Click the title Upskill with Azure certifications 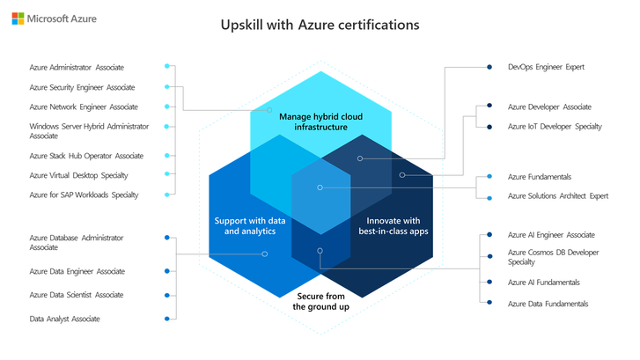[320, 25]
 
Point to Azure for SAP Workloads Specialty [84, 195]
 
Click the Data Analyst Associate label [64, 319]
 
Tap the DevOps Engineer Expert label [546, 66]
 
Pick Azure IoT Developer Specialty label [555, 127]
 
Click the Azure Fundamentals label [540, 177]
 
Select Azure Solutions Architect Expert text [558, 196]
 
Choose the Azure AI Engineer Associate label [552, 235]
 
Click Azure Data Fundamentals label [548, 303]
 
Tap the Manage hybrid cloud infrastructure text [320, 121]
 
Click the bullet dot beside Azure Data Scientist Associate [167, 295]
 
